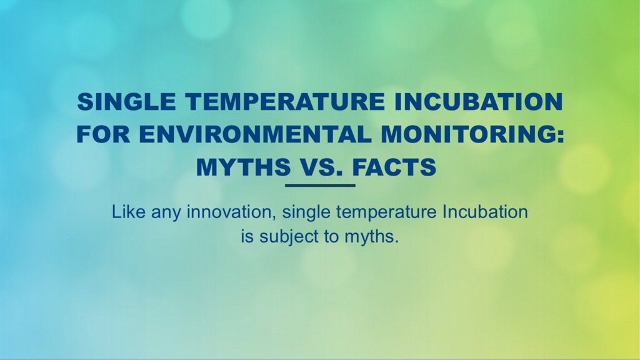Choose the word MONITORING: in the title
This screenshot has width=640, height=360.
(472, 134)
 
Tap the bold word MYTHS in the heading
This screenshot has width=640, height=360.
(244, 167)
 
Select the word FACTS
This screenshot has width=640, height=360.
(394, 167)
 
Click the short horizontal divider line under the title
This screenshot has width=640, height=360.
(320, 185)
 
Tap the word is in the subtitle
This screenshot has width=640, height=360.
(247, 236)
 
